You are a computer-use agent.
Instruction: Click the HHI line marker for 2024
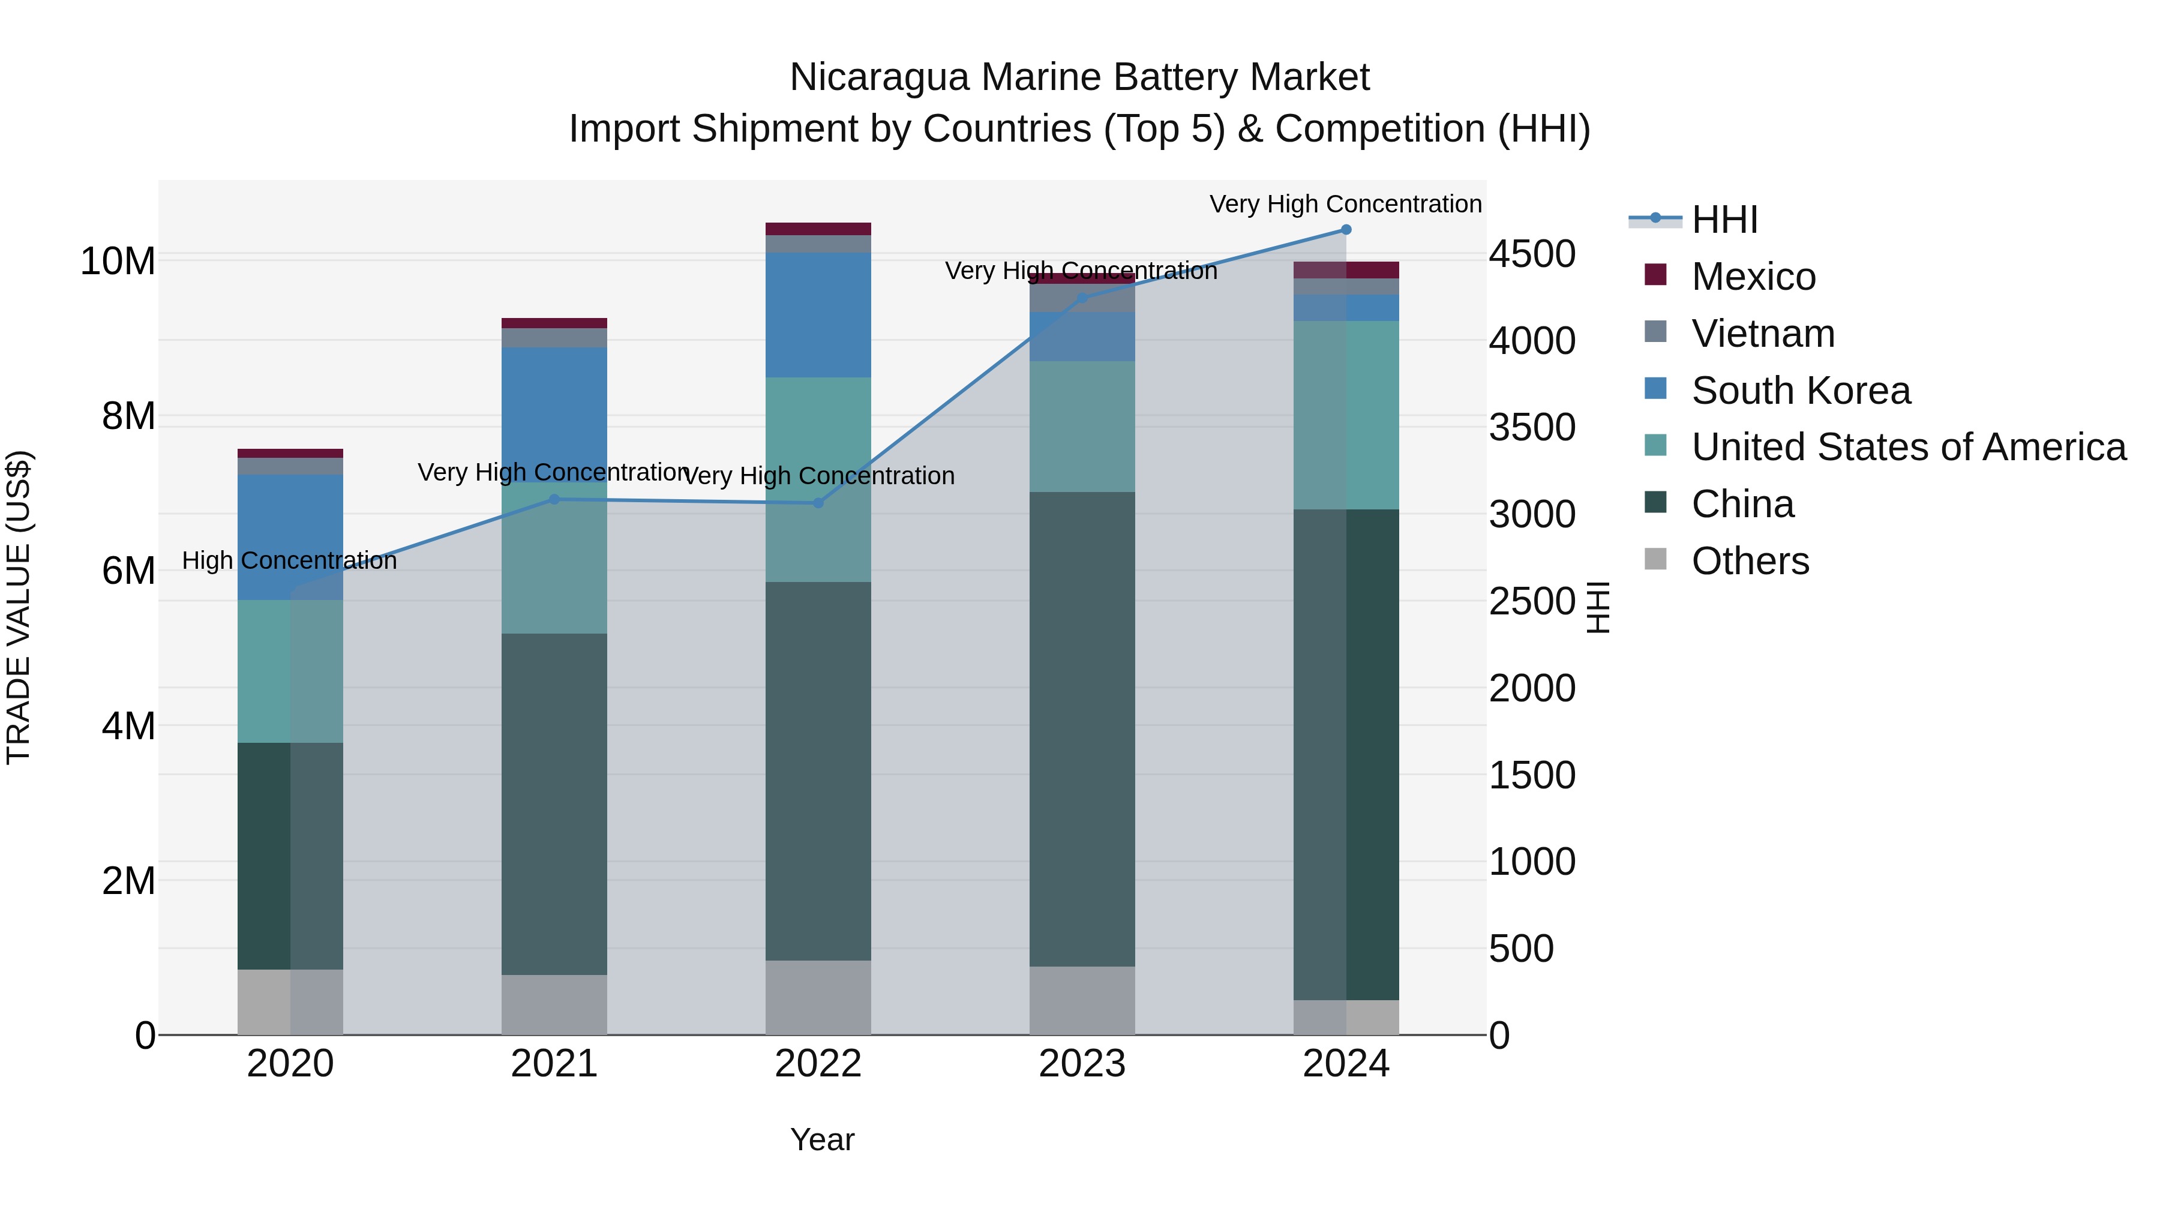point(1346,230)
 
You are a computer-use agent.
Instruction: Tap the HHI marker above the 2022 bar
point(818,503)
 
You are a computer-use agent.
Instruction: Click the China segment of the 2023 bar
point(1082,730)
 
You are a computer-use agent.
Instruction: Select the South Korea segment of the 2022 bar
point(818,314)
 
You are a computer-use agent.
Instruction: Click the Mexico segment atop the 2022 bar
point(818,229)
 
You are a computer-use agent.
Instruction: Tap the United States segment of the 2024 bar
point(1346,415)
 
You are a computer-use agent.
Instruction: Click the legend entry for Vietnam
point(1763,334)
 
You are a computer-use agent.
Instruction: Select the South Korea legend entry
point(1800,391)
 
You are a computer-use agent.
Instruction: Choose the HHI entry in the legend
point(1724,220)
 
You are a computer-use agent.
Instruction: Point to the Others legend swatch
point(1655,559)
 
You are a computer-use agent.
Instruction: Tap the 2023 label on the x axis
point(1082,1064)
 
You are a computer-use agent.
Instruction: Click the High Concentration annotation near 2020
point(289,560)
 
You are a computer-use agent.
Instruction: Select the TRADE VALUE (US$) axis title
point(19,607)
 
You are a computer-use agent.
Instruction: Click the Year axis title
point(822,1139)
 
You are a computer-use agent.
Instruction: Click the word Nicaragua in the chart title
point(879,77)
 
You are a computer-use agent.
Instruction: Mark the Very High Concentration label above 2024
point(1345,204)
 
